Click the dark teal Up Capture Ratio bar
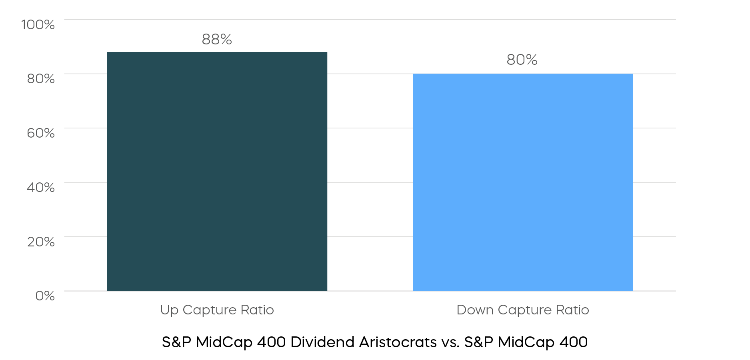[217, 171]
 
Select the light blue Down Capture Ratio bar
[523, 182]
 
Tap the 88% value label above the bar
[217, 39]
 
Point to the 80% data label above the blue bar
[522, 60]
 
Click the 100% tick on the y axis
[38, 24]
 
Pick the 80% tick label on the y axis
[41, 78]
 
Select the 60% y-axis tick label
[41, 133]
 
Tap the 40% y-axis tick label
[41, 187]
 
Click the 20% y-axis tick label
[41, 242]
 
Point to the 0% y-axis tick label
[45, 296]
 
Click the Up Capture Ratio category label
[217, 310]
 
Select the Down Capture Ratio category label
[523, 310]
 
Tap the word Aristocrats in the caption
[398, 342]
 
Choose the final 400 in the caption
[574, 342]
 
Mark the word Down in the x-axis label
[475, 310]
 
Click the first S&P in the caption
[177, 342]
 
